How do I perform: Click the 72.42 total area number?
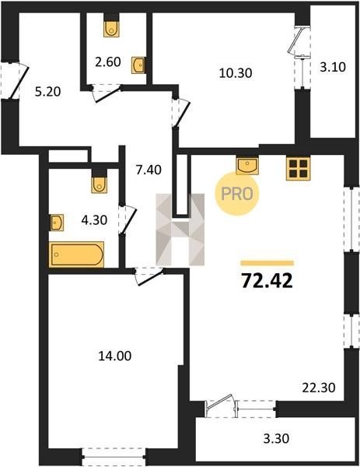tap(267, 280)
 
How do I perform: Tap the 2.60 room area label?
tap(108, 62)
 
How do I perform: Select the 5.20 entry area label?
tap(47, 92)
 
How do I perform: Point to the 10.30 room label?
tap(236, 73)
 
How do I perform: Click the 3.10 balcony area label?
tap(333, 67)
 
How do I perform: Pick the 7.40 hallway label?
tap(149, 170)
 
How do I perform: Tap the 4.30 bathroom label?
tap(94, 220)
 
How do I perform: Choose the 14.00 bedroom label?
tap(115, 356)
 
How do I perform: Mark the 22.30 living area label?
tap(319, 388)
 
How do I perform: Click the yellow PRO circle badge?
tap(237, 194)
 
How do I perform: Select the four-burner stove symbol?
tap(298, 168)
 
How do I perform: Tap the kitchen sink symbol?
tap(247, 165)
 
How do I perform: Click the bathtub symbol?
tap(77, 255)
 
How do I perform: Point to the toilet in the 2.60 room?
tap(111, 29)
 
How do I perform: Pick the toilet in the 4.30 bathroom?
tap(100, 184)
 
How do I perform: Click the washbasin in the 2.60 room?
tap(138, 65)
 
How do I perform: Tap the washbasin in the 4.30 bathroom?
tap(57, 223)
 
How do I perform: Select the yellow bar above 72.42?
tap(267, 263)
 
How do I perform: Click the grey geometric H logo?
tap(180, 230)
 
